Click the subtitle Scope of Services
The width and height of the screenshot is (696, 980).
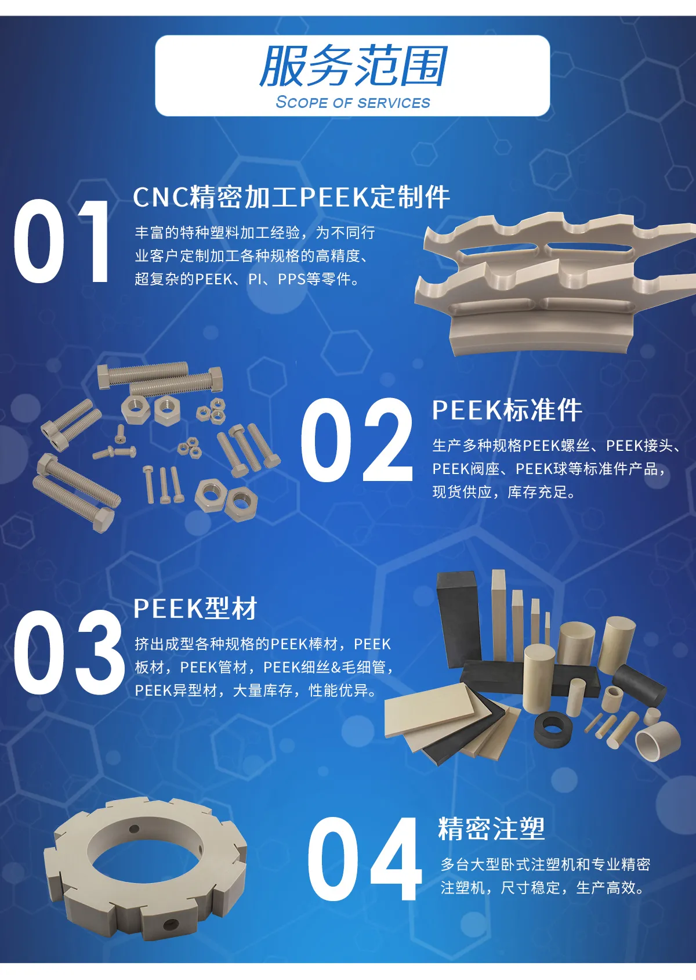click(x=353, y=102)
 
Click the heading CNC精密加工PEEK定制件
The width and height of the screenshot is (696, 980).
click(x=291, y=197)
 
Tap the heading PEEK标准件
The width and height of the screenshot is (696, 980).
click(x=507, y=410)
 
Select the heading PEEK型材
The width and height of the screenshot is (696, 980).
click(x=195, y=608)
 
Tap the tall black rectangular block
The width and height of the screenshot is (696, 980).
click(x=459, y=617)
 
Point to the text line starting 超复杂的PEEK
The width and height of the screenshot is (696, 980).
click(x=248, y=279)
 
